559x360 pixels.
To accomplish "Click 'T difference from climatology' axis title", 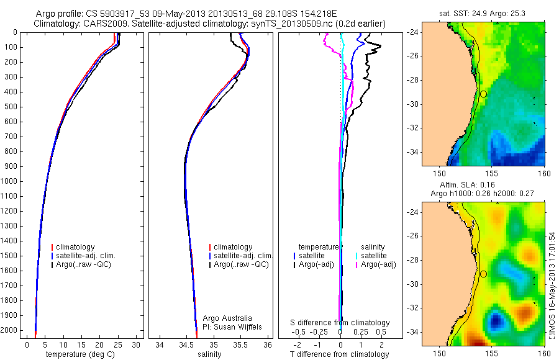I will pyautogui.click(x=339, y=354).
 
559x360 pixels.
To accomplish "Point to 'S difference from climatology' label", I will pyautogui.click(x=340, y=323).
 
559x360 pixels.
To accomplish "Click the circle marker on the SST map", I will pyautogui.click(x=483, y=94).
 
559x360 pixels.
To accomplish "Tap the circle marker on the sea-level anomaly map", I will pyautogui.click(x=483, y=274).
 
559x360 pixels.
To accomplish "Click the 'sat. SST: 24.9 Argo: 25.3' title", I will pyautogui.click(x=483, y=12).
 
